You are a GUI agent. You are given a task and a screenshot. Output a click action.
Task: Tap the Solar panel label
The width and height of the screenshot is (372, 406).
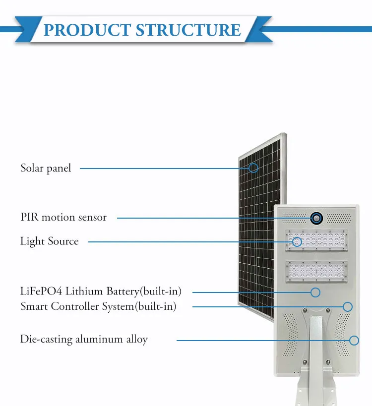click(x=46, y=168)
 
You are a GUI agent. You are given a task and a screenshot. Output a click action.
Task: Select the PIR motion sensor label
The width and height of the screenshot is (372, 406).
click(x=63, y=217)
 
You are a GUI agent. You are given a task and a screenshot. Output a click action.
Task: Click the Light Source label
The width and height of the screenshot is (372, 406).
click(x=50, y=241)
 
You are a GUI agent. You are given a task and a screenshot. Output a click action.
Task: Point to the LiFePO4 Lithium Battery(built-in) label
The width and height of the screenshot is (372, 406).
click(x=101, y=291)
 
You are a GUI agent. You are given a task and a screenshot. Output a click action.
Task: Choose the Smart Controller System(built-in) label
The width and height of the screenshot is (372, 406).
click(x=98, y=306)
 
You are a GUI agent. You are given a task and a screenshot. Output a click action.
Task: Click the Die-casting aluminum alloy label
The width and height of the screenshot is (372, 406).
click(x=84, y=340)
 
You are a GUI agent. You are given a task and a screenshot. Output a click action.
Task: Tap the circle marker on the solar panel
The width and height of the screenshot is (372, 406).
click(x=253, y=168)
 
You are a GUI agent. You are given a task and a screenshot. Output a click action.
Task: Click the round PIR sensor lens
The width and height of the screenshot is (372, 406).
click(x=316, y=218)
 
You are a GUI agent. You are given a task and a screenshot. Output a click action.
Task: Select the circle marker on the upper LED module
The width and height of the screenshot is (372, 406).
click(x=297, y=242)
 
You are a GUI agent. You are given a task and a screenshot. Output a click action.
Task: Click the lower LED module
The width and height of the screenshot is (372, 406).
click(x=316, y=271)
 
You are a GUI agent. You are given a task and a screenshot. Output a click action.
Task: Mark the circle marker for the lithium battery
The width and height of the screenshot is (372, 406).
click(x=315, y=292)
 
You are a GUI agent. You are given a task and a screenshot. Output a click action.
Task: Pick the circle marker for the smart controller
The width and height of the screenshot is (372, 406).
click(x=348, y=306)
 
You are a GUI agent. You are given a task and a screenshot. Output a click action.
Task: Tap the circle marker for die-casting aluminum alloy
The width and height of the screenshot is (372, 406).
click(x=354, y=340)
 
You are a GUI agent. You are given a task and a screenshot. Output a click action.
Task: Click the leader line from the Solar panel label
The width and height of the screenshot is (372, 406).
click(x=164, y=168)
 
